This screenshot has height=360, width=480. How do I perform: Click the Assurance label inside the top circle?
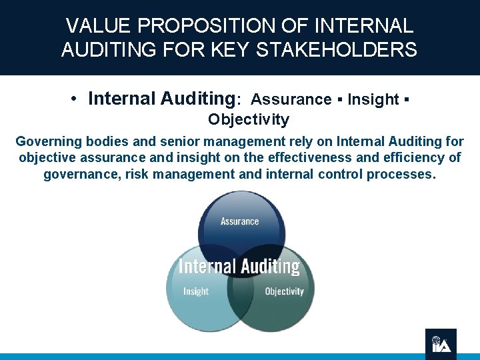239,221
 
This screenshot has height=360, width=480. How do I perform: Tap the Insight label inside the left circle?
195,291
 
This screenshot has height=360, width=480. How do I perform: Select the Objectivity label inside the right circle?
284,291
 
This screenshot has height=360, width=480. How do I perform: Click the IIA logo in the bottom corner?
441,344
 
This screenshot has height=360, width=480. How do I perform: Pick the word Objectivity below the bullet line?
248,120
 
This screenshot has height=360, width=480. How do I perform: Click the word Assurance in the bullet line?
291,99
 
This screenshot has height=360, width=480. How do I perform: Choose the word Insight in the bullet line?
373,99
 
